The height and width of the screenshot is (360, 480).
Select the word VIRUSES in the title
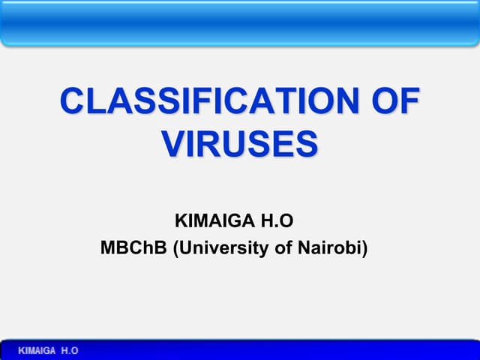pos(240,143)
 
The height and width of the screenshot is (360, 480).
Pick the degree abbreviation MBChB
pos(134,247)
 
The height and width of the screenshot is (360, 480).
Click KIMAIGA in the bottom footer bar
pos(36,351)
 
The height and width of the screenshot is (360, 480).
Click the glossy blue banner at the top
pos(240,22)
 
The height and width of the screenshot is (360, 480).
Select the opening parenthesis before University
pos(176,247)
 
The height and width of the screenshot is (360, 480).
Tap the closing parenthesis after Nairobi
pos(364,247)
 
